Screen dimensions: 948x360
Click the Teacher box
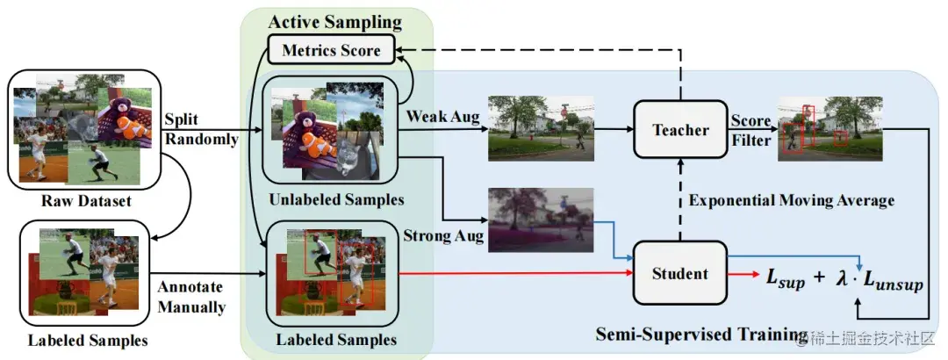[680, 129]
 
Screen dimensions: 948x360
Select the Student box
[680, 273]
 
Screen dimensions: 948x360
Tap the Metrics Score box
[331, 50]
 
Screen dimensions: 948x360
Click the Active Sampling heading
[335, 22]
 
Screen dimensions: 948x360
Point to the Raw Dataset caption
[86, 201]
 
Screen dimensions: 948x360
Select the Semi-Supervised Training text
[700, 335]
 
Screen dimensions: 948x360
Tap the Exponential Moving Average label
[792, 200]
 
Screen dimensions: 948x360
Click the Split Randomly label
[201, 128]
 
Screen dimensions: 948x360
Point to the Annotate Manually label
[191, 297]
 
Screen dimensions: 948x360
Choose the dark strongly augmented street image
[541, 220]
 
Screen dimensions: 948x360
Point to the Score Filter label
[751, 130]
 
